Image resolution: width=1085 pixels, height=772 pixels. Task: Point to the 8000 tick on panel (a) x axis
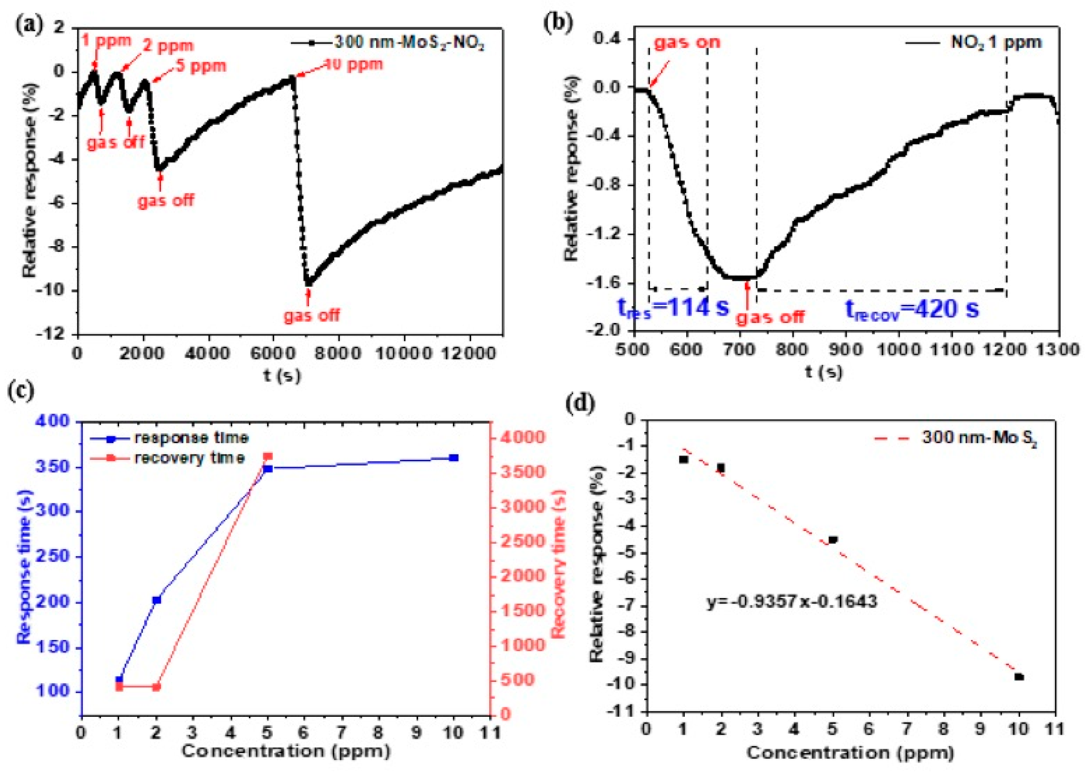(338, 353)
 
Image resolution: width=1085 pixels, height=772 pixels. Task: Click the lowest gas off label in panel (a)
(312, 315)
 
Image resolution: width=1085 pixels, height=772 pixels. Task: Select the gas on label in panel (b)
(687, 42)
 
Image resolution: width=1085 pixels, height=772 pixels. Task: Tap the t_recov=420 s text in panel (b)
(912, 309)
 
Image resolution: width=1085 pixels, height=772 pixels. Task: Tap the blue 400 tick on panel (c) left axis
(56, 422)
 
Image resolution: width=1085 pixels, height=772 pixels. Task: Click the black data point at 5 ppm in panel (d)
(833, 539)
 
